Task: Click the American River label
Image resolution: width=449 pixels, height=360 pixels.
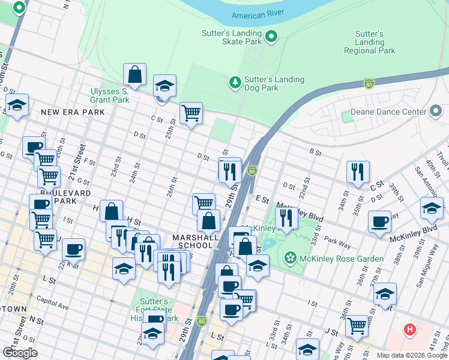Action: coord(258,14)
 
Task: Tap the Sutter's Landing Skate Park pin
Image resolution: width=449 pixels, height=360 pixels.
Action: coord(271,37)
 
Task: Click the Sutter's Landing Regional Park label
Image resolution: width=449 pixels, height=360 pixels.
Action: coord(369,42)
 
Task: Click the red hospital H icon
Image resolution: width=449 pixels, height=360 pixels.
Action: coord(410,329)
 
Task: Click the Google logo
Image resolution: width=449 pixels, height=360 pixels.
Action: coord(20,352)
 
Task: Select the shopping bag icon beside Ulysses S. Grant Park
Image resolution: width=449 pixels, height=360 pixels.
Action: coord(135,74)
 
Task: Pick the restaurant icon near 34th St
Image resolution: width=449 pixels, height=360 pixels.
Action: coord(358,171)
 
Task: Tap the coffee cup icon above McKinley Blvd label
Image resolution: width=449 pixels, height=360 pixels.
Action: coord(379,221)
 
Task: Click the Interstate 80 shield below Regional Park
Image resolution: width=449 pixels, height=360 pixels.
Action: coord(369,83)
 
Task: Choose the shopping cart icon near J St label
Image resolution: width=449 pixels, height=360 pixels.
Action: coord(357,326)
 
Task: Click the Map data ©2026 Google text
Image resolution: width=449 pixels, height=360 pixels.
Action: coord(411,355)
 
